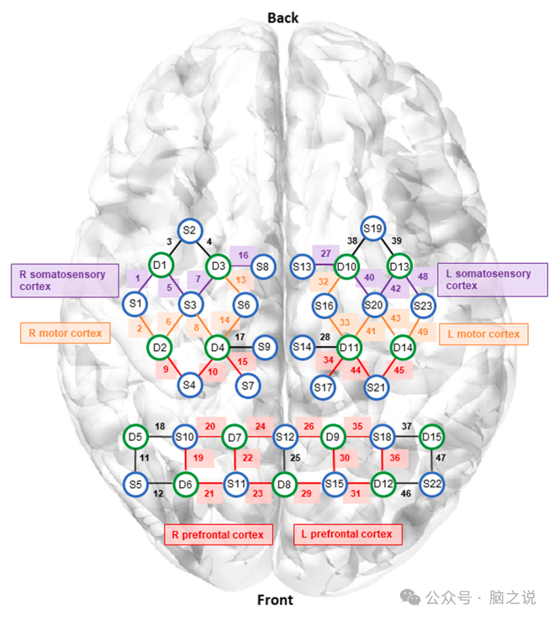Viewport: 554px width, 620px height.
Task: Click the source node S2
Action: tap(189, 231)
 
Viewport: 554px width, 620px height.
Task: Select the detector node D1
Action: tap(161, 266)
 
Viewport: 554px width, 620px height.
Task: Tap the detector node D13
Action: tap(400, 267)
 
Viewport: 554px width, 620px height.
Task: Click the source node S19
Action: tap(372, 229)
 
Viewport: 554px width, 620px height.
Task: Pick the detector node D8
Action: tap(285, 484)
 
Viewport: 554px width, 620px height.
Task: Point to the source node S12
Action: tap(285, 437)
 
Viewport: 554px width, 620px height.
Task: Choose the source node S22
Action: tap(432, 484)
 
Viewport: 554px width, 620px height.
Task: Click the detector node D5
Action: tap(136, 437)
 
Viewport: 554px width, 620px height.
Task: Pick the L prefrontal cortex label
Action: tap(346, 533)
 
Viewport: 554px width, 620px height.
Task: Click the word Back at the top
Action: tap(282, 18)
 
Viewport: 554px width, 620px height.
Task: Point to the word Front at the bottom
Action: tap(275, 600)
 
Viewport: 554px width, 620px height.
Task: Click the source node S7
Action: tap(247, 386)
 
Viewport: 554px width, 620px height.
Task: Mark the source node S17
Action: tap(323, 387)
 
